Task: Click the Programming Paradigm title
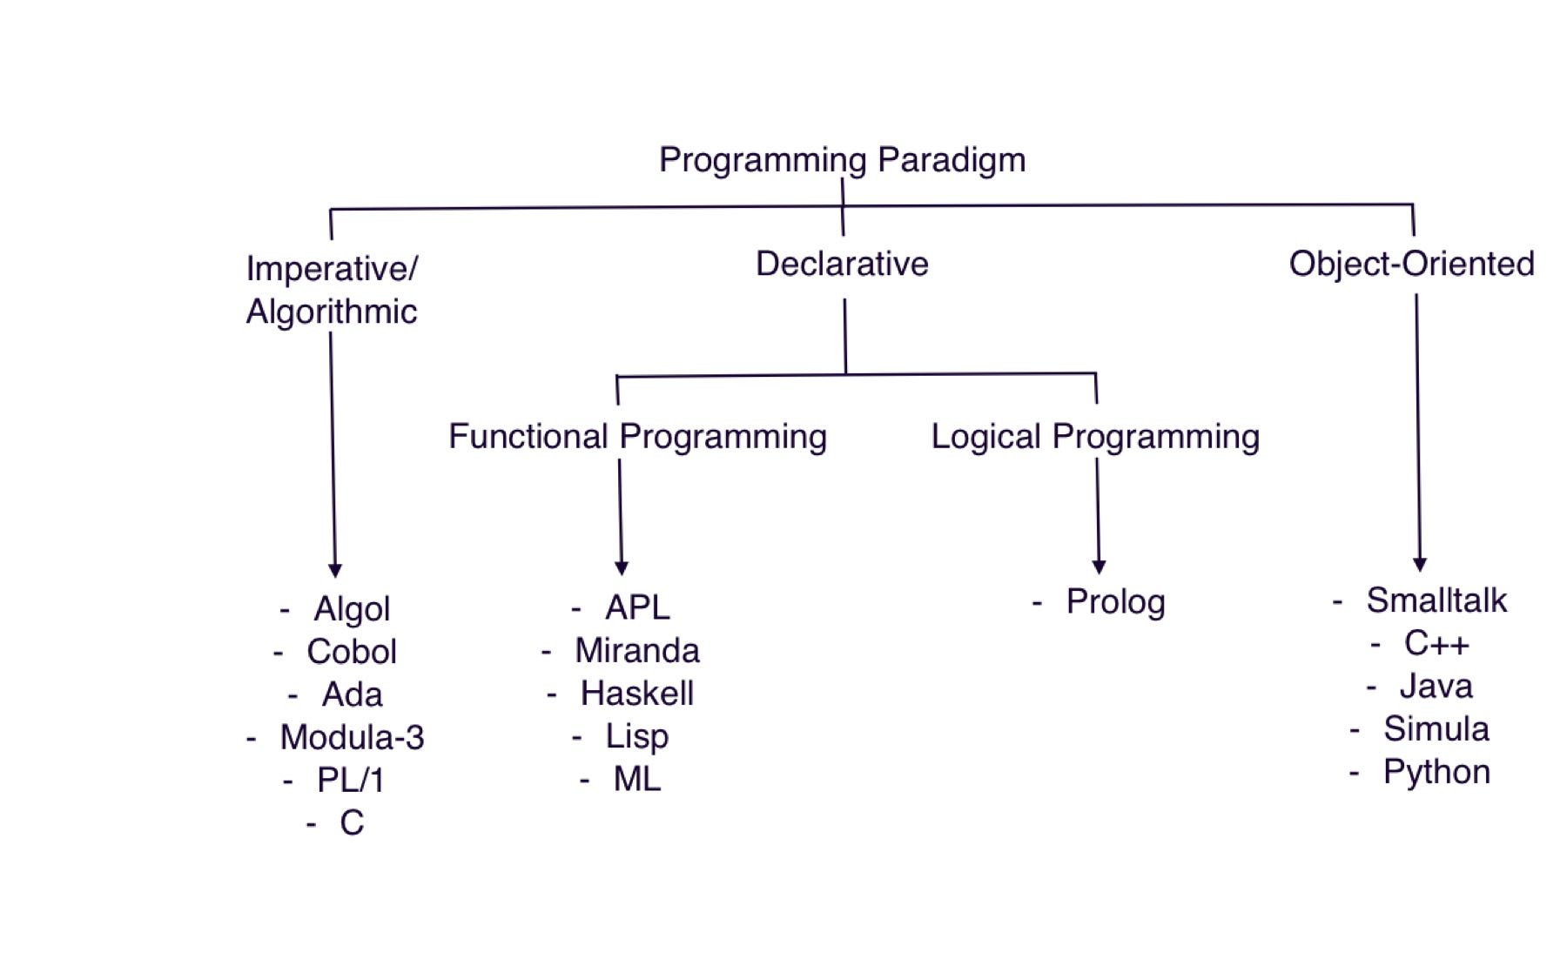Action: [842, 160]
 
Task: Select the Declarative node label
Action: [842, 264]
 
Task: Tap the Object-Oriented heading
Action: [1411, 264]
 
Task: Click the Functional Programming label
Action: [637, 436]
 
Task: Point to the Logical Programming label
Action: [1095, 436]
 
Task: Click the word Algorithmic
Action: [332, 312]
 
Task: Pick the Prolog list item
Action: [1115, 601]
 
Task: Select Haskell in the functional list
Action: [636, 694]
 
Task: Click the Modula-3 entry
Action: [352, 737]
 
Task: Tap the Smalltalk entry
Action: [1436, 600]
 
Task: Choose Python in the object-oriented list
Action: [1436, 772]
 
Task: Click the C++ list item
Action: [1436, 644]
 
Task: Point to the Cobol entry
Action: [352, 652]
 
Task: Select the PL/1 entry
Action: [351, 780]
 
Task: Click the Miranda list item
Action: [636, 651]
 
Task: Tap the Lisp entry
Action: [636, 736]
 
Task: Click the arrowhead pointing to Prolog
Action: [1099, 567]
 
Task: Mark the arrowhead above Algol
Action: [335, 570]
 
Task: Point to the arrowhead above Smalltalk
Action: [1420, 565]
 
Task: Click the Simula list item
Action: [1436, 729]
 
